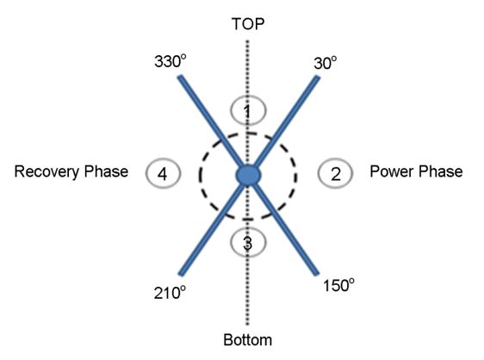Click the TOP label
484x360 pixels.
248,24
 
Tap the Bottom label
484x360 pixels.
247,339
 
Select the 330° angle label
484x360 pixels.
171,61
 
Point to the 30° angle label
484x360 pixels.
326,63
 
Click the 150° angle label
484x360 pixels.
338,285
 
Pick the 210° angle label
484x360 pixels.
170,292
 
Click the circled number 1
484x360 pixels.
248,110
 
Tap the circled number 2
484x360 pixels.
335,173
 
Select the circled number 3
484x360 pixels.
248,243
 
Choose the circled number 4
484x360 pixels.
163,173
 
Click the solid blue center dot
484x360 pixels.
248,175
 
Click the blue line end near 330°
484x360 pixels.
180,78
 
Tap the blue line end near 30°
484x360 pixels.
317,78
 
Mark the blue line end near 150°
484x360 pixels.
317,274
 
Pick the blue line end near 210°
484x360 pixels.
181,274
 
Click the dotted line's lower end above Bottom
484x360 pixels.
247,325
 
